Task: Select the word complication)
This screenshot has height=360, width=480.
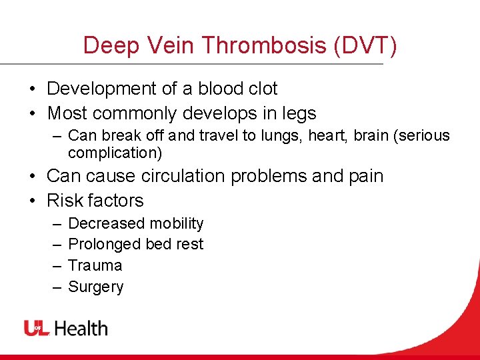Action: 115,153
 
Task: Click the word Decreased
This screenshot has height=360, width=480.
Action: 105,223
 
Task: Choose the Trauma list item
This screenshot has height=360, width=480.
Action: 95,265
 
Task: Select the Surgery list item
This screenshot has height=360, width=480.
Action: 96,287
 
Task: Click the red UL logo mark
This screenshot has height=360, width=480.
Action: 37,328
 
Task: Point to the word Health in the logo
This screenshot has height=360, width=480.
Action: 81,328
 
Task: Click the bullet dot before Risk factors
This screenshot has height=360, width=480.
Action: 32,201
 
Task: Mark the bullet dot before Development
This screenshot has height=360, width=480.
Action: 32,89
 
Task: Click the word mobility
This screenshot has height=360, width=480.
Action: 177,223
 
